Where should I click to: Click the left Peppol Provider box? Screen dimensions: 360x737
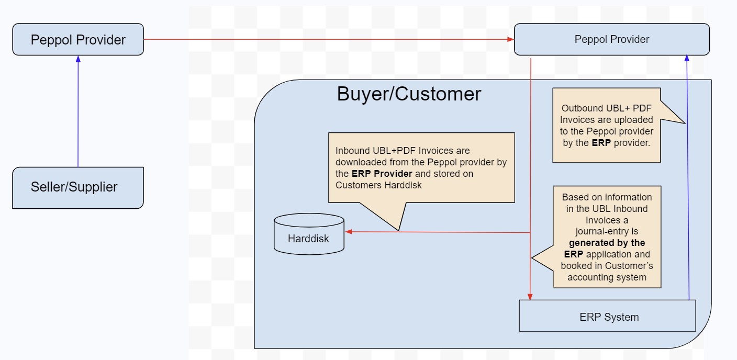pyautogui.click(x=78, y=40)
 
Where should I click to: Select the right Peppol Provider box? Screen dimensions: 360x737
pyautogui.click(x=611, y=39)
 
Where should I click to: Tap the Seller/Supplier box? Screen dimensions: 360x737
pyautogui.click(x=78, y=187)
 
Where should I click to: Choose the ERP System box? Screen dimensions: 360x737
pyautogui.click(x=607, y=317)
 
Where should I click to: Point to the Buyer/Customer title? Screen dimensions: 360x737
pyautogui.click(x=409, y=94)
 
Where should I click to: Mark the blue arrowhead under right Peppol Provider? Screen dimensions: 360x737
pyautogui.click(x=687, y=59)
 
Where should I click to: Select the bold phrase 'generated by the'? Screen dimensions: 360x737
pyautogui.click(x=607, y=243)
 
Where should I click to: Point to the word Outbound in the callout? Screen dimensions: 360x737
pyautogui.click(x=581, y=108)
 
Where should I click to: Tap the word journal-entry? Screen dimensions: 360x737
pyautogui.click(x=607, y=231)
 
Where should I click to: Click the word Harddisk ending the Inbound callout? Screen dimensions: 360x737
pyautogui.click(x=404, y=185)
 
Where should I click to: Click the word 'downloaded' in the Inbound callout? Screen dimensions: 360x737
pyautogui.click(x=362, y=162)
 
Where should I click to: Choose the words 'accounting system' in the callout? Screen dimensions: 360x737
pyautogui.click(x=607, y=277)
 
